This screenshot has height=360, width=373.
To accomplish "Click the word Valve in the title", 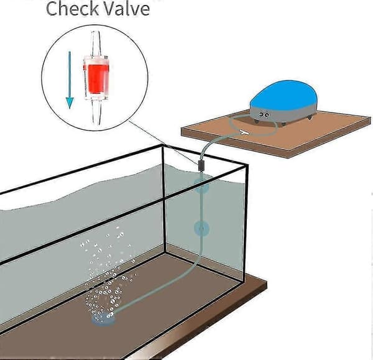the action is tap(127, 9).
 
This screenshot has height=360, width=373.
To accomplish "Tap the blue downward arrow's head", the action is tap(70, 103).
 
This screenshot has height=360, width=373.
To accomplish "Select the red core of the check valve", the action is tap(96, 78).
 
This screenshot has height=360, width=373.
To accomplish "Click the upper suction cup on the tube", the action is tap(201, 185).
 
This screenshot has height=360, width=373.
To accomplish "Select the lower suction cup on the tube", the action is tap(201, 228).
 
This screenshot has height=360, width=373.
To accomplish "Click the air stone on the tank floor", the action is tap(103, 320).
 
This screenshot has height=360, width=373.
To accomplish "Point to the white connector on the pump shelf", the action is tap(243, 132).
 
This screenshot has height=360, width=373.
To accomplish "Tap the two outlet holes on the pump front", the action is tap(264, 115).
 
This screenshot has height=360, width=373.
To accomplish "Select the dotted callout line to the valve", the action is tap(163, 142).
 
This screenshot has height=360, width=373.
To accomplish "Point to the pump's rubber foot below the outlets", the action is tap(256, 121).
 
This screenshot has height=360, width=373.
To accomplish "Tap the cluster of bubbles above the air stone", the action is tap(107, 274).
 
